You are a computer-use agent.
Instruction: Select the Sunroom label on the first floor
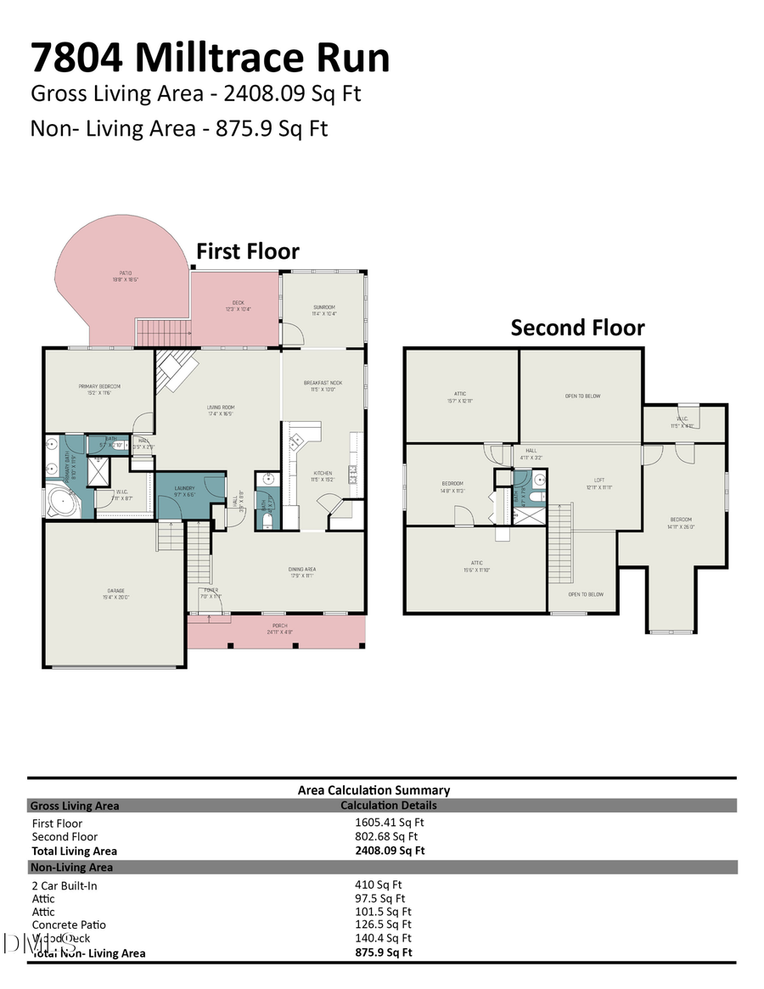click(x=324, y=310)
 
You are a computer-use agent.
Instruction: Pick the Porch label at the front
click(x=279, y=629)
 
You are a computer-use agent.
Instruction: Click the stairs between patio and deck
click(x=164, y=333)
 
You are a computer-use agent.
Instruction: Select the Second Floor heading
click(x=577, y=328)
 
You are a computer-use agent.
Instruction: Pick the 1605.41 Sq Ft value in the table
click(x=389, y=822)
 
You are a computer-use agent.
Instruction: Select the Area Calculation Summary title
click(x=374, y=790)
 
